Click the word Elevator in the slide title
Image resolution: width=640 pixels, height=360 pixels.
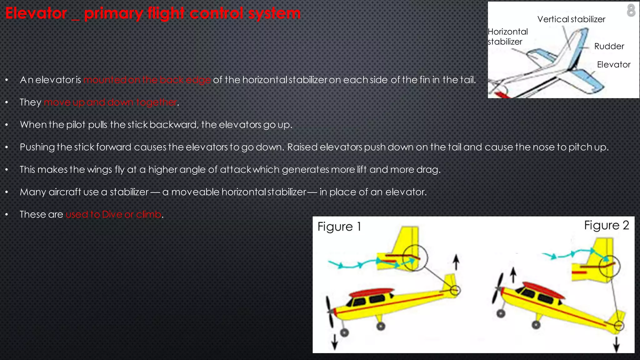(x=36, y=13)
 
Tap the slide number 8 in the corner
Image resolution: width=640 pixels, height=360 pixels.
(x=631, y=10)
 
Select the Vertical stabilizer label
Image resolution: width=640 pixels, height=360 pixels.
(x=571, y=19)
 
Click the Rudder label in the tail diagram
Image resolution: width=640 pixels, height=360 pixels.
(x=609, y=46)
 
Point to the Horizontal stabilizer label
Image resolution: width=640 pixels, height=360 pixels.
(x=507, y=37)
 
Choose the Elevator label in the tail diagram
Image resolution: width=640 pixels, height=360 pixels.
(x=613, y=65)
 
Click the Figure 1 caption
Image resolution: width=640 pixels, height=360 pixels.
(x=339, y=227)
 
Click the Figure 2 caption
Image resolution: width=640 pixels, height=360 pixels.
(x=606, y=225)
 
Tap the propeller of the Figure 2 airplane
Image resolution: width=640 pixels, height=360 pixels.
(x=497, y=288)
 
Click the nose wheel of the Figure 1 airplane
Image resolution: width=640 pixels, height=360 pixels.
(x=344, y=332)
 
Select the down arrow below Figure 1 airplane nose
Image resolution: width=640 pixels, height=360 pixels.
(x=335, y=342)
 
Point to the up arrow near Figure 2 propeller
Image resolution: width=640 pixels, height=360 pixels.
(x=513, y=275)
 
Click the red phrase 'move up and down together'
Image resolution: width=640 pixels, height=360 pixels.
(x=110, y=102)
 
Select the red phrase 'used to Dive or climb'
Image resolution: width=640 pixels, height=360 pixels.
(x=113, y=214)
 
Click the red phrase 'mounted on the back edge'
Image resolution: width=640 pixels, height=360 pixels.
(x=147, y=80)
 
